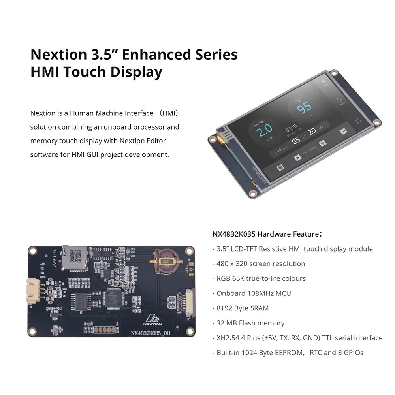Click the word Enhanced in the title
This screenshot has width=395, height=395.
[x=156, y=54]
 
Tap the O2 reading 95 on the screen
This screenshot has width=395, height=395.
[x=304, y=107]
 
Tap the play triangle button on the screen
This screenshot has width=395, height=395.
[x=297, y=157]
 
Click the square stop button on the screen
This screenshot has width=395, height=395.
[x=280, y=167]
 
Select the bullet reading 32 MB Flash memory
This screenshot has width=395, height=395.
[x=250, y=323]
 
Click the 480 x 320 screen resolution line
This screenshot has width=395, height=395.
[x=261, y=264]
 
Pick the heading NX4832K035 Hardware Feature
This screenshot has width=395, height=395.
[x=267, y=234]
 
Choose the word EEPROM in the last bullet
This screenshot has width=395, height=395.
[x=286, y=353]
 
